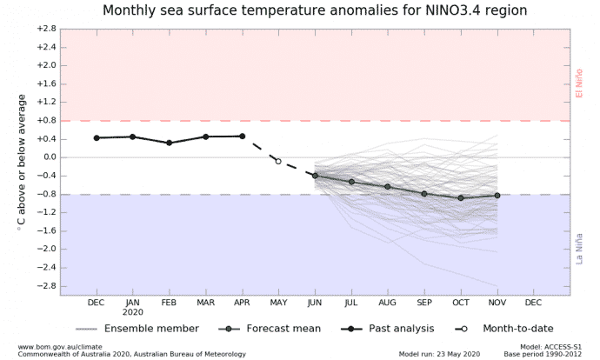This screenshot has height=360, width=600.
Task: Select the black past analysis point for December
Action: coord(97,137)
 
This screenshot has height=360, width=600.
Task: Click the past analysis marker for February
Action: coord(170,143)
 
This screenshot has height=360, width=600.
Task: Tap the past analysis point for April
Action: coord(242,136)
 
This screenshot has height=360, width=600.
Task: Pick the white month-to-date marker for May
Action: coord(278,161)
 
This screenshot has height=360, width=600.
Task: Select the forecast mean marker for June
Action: coord(315,176)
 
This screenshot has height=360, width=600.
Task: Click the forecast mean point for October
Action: coord(460,198)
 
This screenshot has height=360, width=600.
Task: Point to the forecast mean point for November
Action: coord(497,196)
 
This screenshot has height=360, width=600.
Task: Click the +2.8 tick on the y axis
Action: coord(46,29)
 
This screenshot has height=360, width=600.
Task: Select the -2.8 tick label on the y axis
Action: coord(46,286)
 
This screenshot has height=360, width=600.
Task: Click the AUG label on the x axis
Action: coord(387,303)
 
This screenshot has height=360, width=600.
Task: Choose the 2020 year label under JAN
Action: coord(133,312)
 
